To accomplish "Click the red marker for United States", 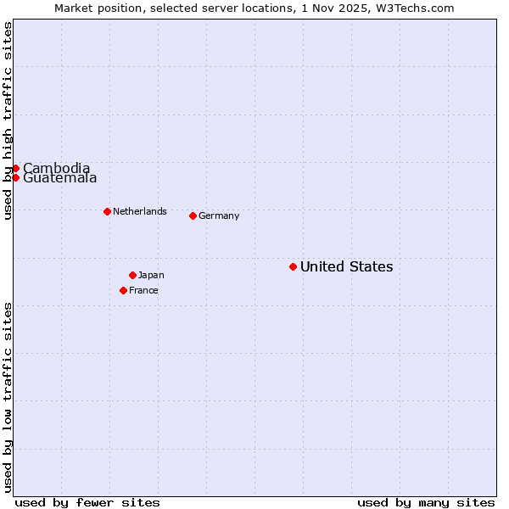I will click(x=293, y=266).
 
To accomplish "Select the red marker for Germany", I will click(x=193, y=215).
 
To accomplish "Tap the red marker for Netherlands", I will click(x=107, y=211).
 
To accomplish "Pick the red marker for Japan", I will click(x=132, y=275).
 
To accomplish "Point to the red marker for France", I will click(x=123, y=290).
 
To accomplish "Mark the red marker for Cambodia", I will click(x=15, y=168).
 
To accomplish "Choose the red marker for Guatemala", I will click(x=15, y=177).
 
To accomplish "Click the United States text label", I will click(x=346, y=267).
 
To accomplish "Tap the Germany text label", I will click(x=219, y=216).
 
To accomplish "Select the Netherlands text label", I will click(x=140, y=212).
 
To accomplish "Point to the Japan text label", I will click(x=151, y=276).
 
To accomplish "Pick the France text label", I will click(x=143, y=291).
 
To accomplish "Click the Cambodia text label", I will click(x=56, y=168).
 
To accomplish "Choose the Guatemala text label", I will click(x=59, y=178).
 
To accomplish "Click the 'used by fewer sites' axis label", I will click(x=87, y=502).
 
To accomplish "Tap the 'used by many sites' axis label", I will click(x=426, y=502).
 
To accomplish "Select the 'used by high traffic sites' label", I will click(x=8, y=120).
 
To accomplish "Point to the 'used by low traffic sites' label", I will click(x=8, y=397).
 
